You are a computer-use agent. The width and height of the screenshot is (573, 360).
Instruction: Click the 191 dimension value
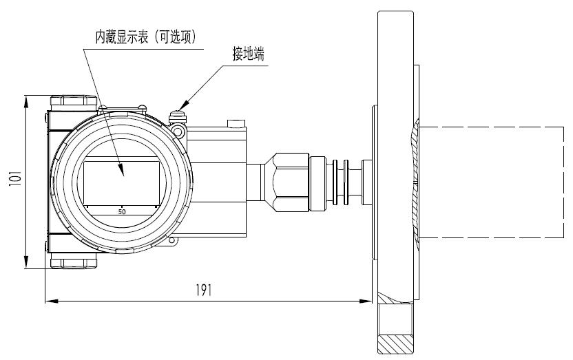pos(203,290)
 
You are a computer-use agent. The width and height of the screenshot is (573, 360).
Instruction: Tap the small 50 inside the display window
pos(122,211)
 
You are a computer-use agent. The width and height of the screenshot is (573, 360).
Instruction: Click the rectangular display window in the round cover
pos(122,182)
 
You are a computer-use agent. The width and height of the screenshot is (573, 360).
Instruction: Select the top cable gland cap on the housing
pos(72,101)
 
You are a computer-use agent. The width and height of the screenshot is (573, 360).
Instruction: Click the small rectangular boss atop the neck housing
pos(236,124)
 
